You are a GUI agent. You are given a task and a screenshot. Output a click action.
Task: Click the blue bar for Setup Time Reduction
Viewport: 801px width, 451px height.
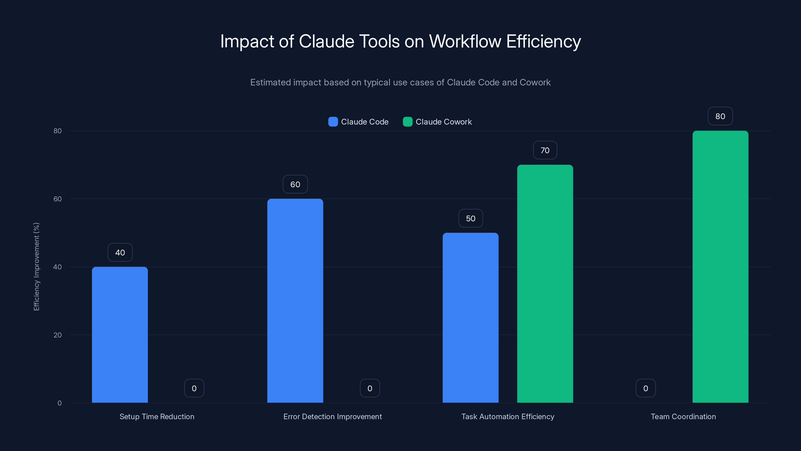(x=120, y=334)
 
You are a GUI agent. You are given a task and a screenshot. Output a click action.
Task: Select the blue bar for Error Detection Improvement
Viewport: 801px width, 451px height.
(x=295, y=300)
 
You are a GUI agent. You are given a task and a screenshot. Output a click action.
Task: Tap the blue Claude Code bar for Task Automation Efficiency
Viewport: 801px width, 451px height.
(x=471, y=317)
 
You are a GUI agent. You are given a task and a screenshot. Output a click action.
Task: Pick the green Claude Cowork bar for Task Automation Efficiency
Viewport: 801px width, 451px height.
(x=545, y=283)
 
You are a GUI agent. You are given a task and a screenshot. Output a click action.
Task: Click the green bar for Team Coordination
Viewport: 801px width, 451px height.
(x=720, y=266)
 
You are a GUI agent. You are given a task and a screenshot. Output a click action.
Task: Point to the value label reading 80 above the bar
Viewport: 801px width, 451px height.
(x=720, y=116)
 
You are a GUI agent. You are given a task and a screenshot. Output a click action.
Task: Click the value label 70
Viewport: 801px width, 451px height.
(x=545, y=150)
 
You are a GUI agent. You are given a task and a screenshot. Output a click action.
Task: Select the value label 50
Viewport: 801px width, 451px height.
(x=471, y=218)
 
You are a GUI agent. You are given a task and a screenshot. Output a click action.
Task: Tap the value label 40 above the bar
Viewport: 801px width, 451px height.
(x=120, y=252)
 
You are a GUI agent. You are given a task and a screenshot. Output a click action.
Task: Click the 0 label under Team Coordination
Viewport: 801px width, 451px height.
(x=646, y=388)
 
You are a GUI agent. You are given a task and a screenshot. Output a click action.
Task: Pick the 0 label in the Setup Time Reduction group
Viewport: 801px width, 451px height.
(x=194, y=388)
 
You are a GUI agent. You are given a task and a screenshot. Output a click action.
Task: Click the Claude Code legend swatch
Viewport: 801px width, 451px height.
(x=333, y=122)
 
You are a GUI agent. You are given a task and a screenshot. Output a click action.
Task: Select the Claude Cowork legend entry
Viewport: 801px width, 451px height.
(x=437, y=122)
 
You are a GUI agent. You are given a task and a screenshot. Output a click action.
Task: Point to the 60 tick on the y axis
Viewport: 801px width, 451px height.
(x=58, y=199)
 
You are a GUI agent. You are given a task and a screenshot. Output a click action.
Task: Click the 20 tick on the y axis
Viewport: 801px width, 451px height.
(x=58, y=335)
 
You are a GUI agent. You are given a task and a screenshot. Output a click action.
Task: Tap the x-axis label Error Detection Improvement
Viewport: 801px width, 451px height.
(x=332, y=416)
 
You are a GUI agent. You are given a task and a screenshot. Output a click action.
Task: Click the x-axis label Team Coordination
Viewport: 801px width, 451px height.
(x=683, y=416)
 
